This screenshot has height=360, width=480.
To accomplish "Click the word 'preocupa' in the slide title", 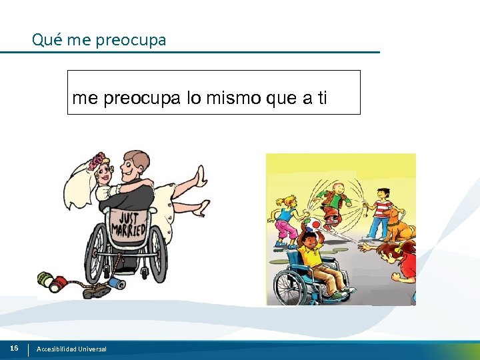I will point(131,40).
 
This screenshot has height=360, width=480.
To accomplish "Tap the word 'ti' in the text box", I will point(321,99).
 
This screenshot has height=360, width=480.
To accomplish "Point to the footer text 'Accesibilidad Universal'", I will point(71,349).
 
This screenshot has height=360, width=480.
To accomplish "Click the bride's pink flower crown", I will point(99,161).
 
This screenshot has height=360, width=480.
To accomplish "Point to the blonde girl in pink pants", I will point(285,220).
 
